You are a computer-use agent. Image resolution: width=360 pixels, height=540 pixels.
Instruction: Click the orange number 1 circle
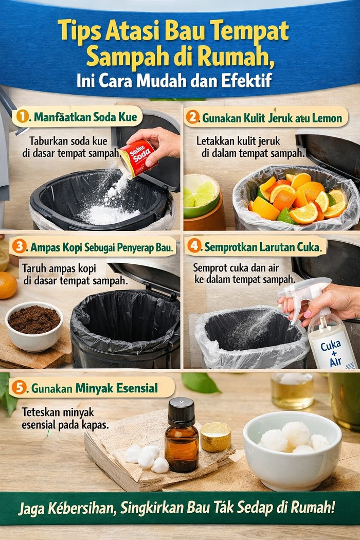[x=22, y=117]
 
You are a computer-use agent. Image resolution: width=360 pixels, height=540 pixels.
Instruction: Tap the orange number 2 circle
[x=192, y=117]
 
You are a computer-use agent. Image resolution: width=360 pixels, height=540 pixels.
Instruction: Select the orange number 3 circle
[x=19, y=246]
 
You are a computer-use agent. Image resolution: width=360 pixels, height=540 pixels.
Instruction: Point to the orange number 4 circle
[x=194, y=246]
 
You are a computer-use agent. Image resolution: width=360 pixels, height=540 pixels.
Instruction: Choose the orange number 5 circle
[x=19, y=387]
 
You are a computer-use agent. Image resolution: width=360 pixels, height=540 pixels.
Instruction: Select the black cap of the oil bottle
[x=181, y=409]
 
